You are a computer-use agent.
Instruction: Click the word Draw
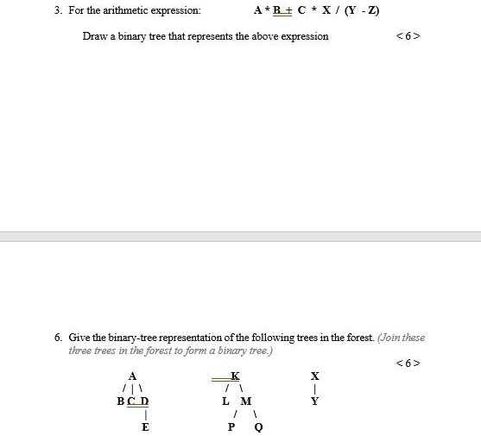click(x=94, y=36)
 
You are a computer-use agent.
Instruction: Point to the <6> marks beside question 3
click(x=408, y=36)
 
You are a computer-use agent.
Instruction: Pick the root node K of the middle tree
click(x=235, y=376)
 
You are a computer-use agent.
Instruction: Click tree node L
click(x=226, y=401)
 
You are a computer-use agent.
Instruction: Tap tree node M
click(x=246, y=401)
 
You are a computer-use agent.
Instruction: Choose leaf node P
click(x=231, y=427)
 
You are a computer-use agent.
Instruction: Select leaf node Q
click(x=258, y=427)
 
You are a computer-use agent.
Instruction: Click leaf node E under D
click(x=145, y=427)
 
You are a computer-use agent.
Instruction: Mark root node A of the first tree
click(x=132, y=376)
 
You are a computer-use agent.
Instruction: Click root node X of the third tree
click(x=315, y=376)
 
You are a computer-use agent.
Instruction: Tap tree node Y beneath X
click(x=315, y=401)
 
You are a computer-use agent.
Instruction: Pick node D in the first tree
click(x=144, y=401)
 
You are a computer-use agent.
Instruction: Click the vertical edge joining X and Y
click(x=315, y=389)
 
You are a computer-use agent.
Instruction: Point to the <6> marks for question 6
click(x=408, y=363)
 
